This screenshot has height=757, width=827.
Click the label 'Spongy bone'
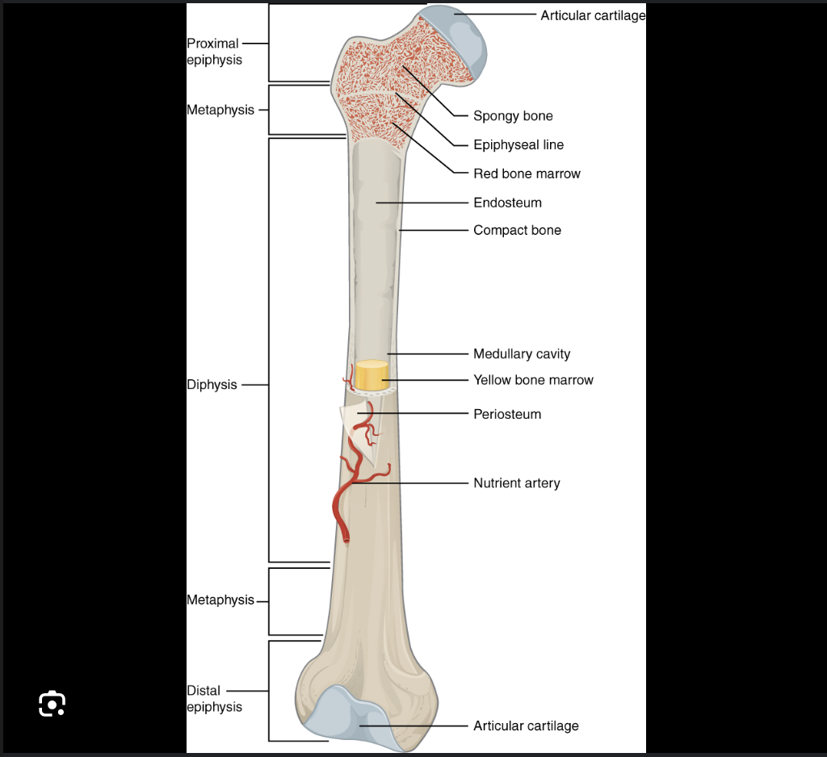(x=513, y=116)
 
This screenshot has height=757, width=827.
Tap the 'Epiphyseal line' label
(x=518, y=145)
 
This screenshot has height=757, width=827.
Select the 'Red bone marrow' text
(x=527, y=174)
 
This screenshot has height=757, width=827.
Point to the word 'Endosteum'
(x=507, y=203)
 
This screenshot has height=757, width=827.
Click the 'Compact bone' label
(x=517, y=231)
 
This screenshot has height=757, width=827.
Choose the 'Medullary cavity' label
(x=522, y=354)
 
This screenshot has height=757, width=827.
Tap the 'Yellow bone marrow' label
(x=533, y=380)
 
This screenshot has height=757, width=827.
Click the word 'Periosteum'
(x=507, y=415)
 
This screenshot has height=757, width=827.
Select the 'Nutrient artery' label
(x=516, y=483)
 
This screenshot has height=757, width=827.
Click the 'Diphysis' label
(x=212, y=385)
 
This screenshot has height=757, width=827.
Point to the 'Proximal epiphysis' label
(x=214, y=52)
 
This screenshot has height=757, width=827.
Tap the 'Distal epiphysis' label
(x=214, y=699)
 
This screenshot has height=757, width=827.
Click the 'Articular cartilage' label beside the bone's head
(x=593, y=15)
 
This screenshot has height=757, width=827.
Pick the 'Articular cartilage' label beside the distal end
(x=526, y=726)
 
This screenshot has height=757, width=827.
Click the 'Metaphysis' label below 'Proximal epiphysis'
(x=220, y=110)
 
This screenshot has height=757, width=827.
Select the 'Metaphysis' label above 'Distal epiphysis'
(x=220, y=600)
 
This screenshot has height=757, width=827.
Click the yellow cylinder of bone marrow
(x=371, y=374)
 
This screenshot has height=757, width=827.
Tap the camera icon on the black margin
(x=52, y=704)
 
